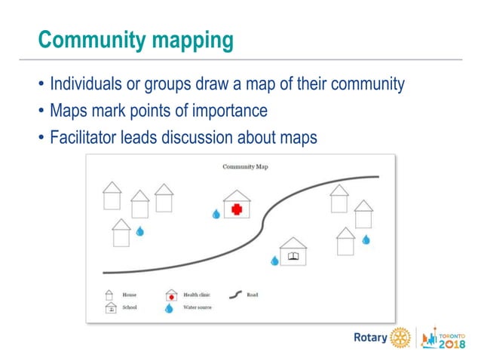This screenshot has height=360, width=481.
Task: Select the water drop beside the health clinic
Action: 216,215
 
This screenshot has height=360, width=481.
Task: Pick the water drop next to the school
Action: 275,261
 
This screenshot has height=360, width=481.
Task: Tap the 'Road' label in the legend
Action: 253,294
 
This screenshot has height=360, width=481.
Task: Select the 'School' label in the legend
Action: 129,308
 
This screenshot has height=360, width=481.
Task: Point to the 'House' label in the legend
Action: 129,294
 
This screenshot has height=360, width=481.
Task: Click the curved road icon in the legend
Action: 235,294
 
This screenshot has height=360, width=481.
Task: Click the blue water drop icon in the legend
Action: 170,308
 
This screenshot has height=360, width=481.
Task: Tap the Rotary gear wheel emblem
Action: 400,337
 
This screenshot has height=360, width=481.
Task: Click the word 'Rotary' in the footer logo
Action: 370,337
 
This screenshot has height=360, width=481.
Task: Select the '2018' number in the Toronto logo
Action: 452,343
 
